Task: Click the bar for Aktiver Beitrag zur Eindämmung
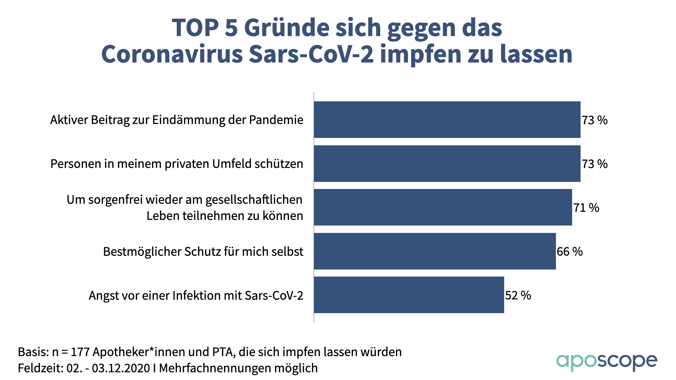(x=447, y=120)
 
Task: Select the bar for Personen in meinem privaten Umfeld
(x=447, y=164)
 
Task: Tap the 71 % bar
(x=443, y=207)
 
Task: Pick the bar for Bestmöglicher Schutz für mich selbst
(x=435, y=251)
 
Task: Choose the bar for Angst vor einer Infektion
(x=409, y=295)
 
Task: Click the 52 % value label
(x=518, y=295)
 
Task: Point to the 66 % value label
(x=570, y=252)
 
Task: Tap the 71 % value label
(x=586, y=208)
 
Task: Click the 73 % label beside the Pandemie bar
(x=595, y=120)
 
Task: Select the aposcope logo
(x=607, y=362)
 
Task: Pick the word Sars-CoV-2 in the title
(x=311, y=54)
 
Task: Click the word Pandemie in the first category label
(x=276, y=120)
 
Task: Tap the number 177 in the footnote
(x=81, y=352)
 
